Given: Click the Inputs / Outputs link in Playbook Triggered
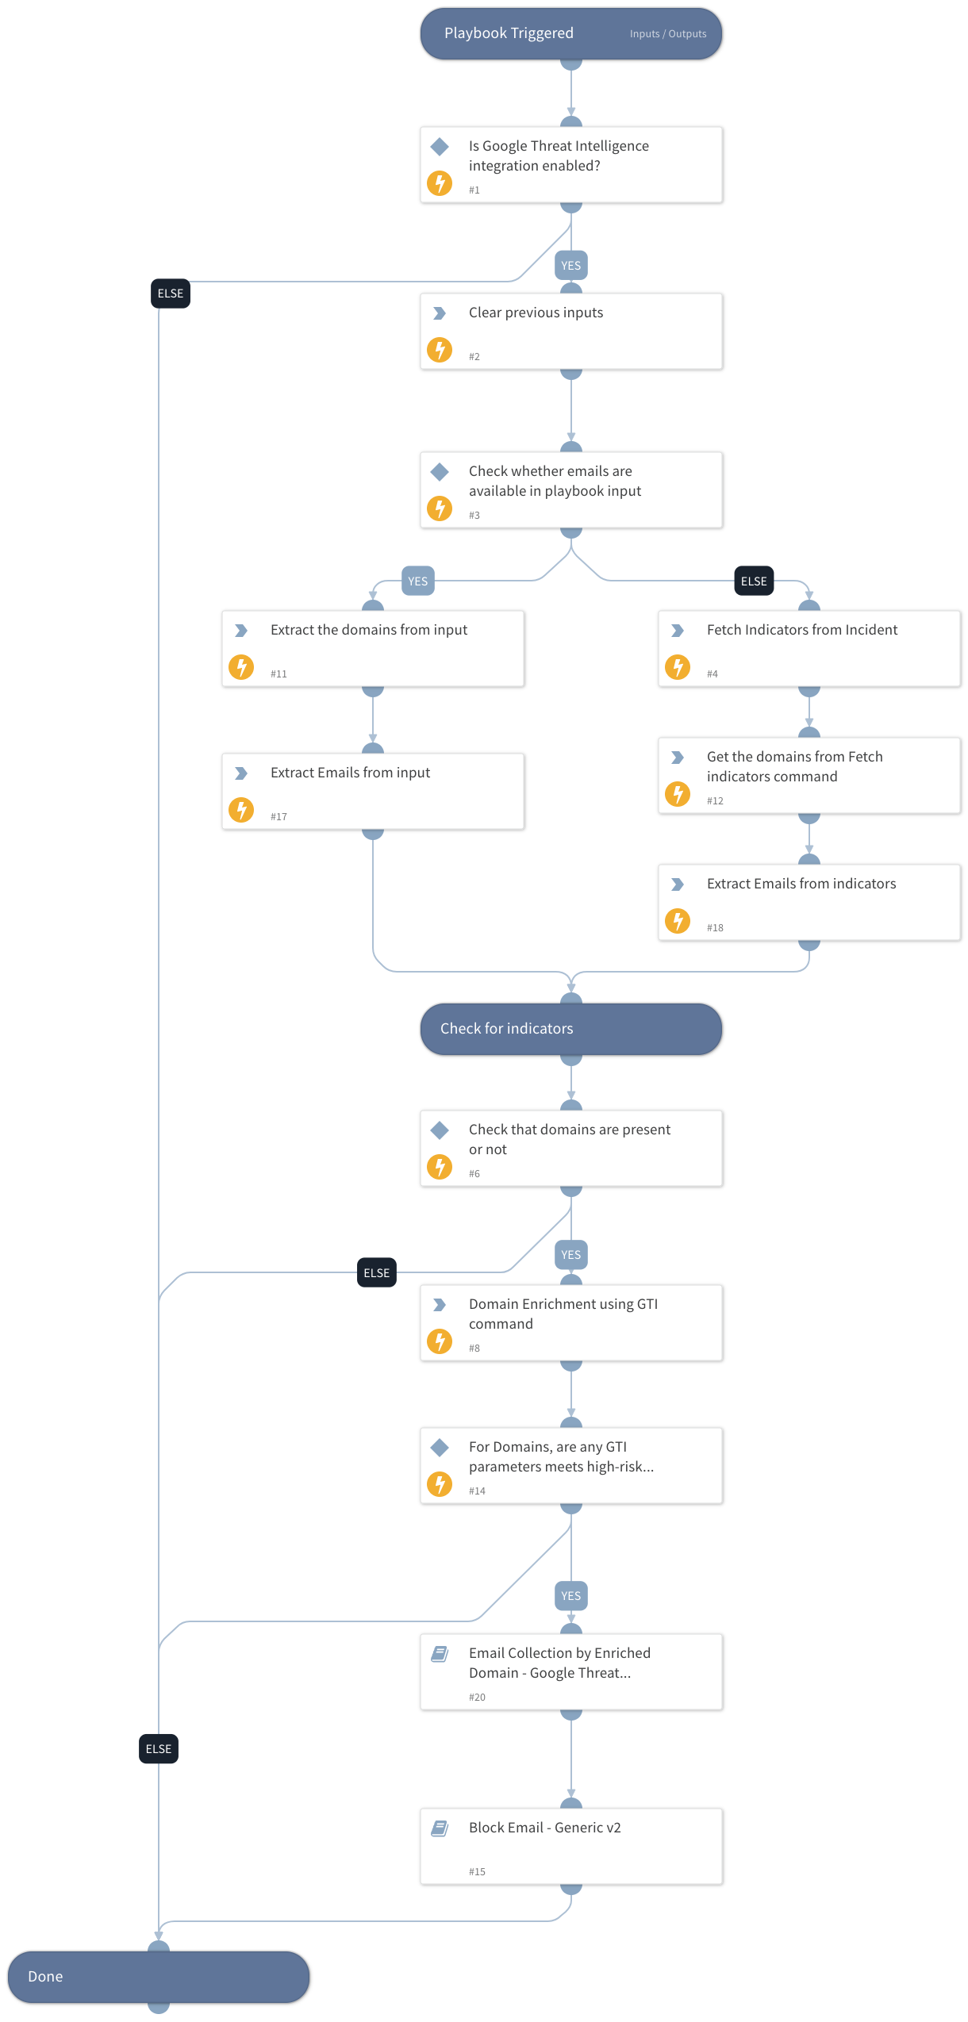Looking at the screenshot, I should point(667,34).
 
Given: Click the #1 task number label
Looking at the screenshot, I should point(474,190).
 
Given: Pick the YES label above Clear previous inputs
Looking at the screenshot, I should point(570,266).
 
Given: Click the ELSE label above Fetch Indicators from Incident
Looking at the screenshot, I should point(753,581).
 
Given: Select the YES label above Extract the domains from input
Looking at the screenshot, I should point(417,581).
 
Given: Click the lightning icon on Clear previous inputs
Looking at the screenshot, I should point(440,350).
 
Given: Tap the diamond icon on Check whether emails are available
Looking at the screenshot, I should point(440,472).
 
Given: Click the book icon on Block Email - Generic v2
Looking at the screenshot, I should point(440,1828).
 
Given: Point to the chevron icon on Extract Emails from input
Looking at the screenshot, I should point(241,773).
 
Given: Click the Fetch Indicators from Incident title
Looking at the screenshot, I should point(801,630).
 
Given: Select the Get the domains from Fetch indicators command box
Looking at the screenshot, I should point(809,776).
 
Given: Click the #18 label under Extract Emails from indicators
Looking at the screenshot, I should point(715,928).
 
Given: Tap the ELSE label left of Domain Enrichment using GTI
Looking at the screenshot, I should point(376,1273).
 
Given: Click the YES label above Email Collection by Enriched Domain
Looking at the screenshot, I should point(570,1596).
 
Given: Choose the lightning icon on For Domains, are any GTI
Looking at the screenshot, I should point(440,1484).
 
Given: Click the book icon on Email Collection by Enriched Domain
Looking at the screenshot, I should point(440,1654).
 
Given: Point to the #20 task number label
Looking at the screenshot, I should point(477,1698).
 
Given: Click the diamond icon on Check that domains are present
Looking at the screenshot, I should point(440,1130).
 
